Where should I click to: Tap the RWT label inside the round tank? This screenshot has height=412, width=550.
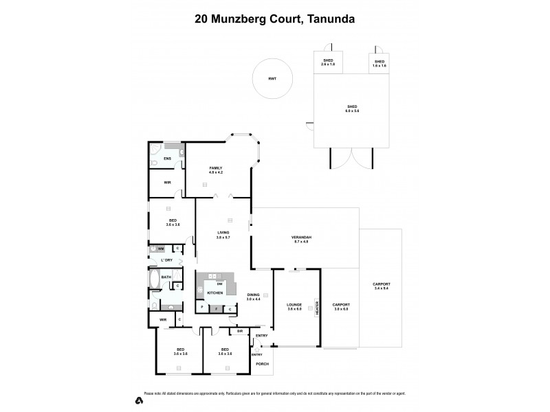pyautogui.click(x=272, y=80)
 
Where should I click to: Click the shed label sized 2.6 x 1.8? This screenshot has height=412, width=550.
pyautogui.click(x=328, y=64)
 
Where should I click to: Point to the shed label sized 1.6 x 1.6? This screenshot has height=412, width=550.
pyautogui.click(x=379, y=64)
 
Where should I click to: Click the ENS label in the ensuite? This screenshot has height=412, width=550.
pyautogui.click(x=166, y=158)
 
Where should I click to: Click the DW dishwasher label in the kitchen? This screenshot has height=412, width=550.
pyautogui.click(x=219, y=283)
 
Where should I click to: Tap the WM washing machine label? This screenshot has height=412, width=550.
pyautogui.click(x=160, y=248)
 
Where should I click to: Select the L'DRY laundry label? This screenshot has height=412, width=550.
pyautogui.click(x=166, y=260)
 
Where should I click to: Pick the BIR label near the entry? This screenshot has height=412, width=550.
pyautogui.click(x=239, y=331)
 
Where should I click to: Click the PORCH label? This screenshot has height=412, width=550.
pyautogui.click(x=262, y=363)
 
